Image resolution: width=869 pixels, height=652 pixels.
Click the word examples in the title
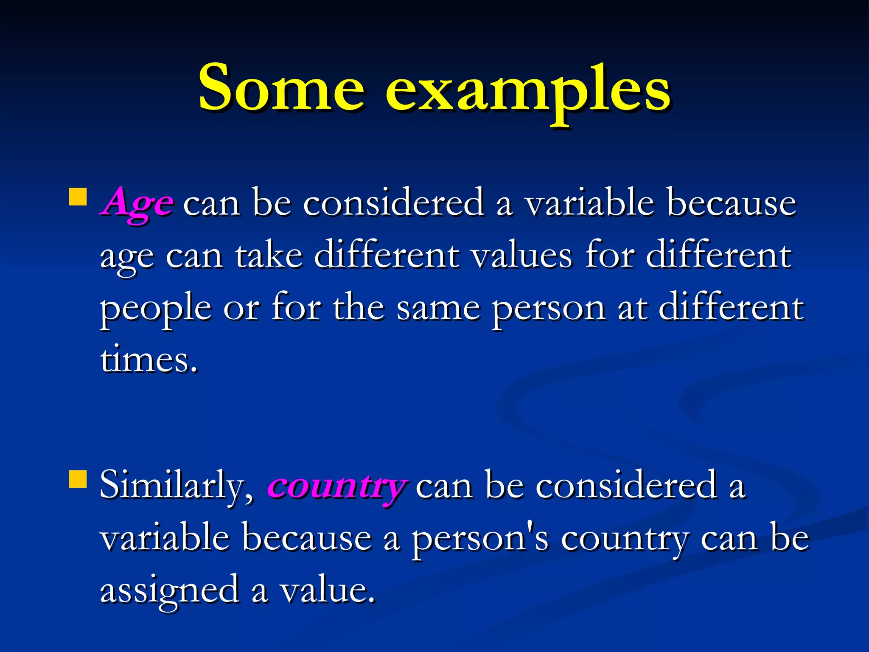(527, 91)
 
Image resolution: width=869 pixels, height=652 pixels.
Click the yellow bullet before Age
(78, 197)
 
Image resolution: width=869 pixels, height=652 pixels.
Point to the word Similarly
(177, 486)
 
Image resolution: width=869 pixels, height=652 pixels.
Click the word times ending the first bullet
(149, 360)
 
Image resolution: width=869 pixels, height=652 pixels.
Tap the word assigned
(169, 591)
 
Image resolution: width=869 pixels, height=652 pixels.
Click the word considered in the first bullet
(393, 203)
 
